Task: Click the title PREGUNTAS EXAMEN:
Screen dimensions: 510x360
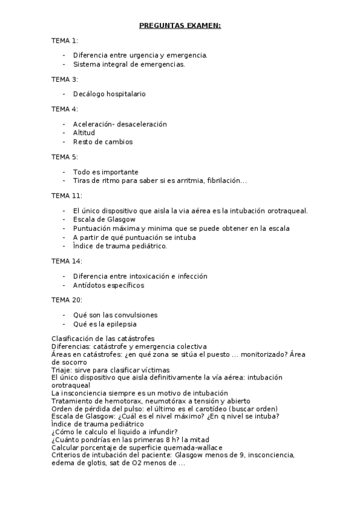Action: (180, 25)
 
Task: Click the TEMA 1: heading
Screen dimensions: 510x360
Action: (64, 40)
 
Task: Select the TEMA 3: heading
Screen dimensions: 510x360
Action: (64, 79)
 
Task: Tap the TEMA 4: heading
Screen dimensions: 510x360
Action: (64, 109)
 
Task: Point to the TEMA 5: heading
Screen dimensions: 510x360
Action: (64, 157)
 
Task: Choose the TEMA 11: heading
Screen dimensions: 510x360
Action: (67, 196)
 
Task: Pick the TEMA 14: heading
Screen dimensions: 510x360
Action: (67, 262)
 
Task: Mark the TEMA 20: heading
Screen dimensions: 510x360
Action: (67, 300)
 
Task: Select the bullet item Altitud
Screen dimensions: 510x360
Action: (84, 133)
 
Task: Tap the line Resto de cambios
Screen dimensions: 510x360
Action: (103, 142)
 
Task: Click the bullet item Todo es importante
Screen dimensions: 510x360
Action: (106, 172)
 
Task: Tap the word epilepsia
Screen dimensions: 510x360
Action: (119, 324)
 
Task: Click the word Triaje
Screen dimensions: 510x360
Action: (62, 370)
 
